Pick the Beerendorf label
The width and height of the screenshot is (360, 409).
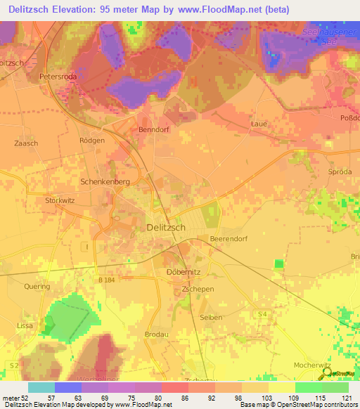[230, 240]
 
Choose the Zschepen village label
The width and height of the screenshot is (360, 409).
[197, 289]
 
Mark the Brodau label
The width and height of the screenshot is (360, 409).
[157, 334]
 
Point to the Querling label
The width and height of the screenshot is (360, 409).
[37, 287]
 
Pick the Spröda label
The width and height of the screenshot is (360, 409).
[339, 172]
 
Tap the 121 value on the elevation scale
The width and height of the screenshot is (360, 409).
[347, 398]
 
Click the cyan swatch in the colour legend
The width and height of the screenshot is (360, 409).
[41, 387]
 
